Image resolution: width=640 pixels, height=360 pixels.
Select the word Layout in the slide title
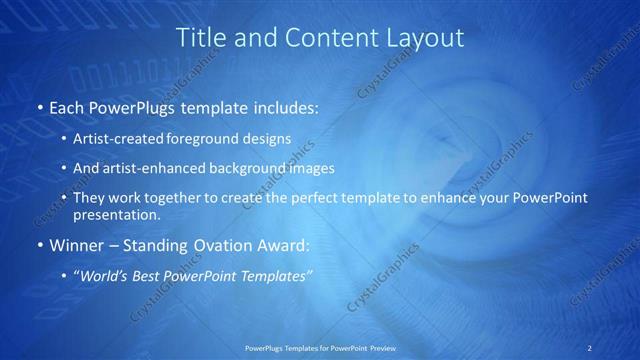(x=429, y=38)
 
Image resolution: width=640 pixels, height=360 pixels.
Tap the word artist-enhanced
(x=142, y=168)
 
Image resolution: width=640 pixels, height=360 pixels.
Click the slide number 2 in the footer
(x=590, y=347)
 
